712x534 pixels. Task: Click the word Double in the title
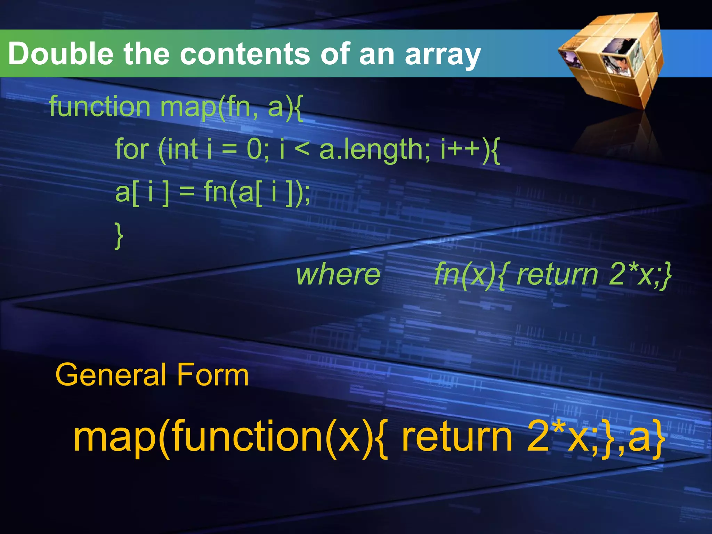click(60, 54)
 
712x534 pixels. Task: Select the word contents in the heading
click(245, 54)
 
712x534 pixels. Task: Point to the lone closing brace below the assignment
click(119, 236)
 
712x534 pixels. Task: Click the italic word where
click(338, 275)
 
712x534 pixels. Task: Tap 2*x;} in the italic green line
click(640, 275)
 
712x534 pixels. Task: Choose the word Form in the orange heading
click(213, 375)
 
